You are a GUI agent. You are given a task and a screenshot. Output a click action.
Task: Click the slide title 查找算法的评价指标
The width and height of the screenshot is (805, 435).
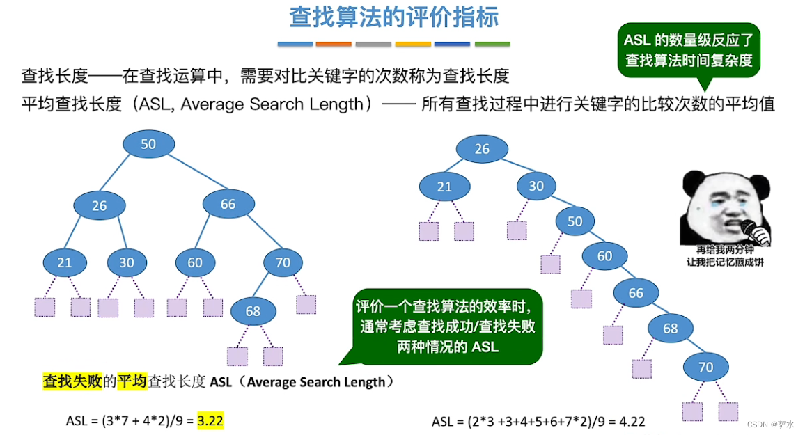[394, 17]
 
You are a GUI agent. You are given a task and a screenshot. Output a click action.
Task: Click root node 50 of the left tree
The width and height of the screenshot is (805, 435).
[148, 144]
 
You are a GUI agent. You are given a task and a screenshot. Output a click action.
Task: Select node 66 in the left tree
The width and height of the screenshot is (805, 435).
[228, 204]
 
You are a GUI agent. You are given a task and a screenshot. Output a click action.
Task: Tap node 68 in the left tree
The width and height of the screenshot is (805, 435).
[253, 310]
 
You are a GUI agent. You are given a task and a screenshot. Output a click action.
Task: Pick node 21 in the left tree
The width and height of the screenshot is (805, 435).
[65, 262]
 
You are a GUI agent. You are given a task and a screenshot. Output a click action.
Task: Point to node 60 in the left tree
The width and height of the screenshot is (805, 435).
[195, 262]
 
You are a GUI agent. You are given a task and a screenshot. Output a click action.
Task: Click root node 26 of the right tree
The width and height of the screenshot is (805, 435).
[482, 149]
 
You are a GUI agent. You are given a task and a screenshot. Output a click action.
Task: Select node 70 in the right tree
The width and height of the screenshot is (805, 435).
[705, 366]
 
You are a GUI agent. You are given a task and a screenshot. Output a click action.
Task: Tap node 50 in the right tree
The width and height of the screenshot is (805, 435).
[575, 221]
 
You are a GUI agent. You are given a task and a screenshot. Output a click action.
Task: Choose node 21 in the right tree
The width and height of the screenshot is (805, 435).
[444, 187]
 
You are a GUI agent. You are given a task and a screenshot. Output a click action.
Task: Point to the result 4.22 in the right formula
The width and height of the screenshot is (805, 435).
[632, 421]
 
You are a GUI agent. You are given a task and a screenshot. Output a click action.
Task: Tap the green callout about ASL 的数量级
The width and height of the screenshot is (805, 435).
[689, 50]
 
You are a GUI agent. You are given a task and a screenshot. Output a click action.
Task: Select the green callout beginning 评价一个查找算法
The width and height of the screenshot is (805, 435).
[448, 326]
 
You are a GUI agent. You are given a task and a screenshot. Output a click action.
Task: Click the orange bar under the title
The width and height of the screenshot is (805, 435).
[334, 45]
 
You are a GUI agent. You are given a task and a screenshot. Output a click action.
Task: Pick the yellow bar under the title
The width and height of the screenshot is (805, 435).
[412, 45]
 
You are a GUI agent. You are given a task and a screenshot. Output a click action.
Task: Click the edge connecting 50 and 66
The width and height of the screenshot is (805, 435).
[187, 172]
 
